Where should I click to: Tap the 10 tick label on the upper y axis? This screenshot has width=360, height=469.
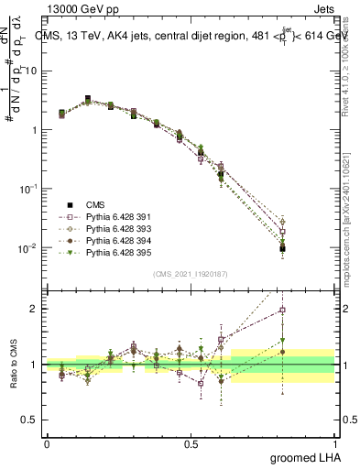click(x=33, y=71)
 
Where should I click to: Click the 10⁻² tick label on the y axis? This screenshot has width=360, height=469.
click(x=29, y=247)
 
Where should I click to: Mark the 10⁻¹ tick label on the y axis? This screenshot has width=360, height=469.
click(x=29, y=188)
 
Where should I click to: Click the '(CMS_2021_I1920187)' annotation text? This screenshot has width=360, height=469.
click(x=190, y=274)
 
